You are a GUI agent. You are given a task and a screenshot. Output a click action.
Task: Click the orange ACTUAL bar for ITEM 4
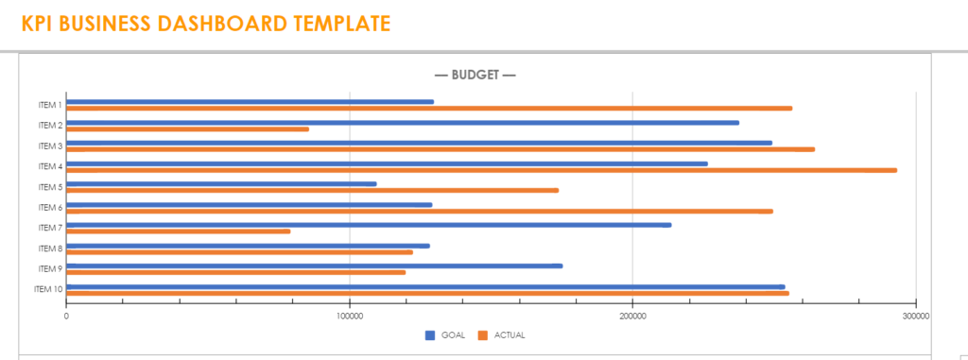[x=481, y=170]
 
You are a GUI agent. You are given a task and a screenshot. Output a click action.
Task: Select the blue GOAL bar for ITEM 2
[x=403, y=123]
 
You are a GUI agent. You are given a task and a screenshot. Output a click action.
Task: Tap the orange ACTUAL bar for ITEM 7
[x=179, y=231]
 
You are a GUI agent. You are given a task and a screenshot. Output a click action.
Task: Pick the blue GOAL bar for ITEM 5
[x=221, y=184]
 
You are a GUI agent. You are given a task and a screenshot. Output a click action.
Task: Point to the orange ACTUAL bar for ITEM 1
[x=429, y=109]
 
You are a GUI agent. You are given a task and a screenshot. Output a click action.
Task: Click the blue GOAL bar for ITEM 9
[x=314, y=266]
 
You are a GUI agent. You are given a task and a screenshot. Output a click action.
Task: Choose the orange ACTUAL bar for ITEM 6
[x=420, y=212]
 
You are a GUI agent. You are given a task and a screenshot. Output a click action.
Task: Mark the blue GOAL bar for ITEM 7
[x=369, y=225]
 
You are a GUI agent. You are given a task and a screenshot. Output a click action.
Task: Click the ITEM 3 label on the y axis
[x=50, y=146]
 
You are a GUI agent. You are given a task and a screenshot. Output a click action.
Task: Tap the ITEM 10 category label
[x=48, y=289]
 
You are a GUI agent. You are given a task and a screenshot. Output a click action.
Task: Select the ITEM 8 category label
[x=50, y=249]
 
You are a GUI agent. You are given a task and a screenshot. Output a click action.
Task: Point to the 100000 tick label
[x=350, y=316]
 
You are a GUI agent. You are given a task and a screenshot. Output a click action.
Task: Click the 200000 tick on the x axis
[x=632, y=316]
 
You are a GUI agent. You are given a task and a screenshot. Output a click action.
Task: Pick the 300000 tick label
[x=915, y=316]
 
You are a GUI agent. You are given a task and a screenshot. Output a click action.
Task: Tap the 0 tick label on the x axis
[x=66, y=316]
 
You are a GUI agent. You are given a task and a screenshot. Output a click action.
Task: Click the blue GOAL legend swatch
[x=430, y=335]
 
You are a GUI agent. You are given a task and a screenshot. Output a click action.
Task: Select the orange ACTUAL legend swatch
[x=482, y=335]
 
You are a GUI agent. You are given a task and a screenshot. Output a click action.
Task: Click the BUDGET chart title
[x=475, y=75]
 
